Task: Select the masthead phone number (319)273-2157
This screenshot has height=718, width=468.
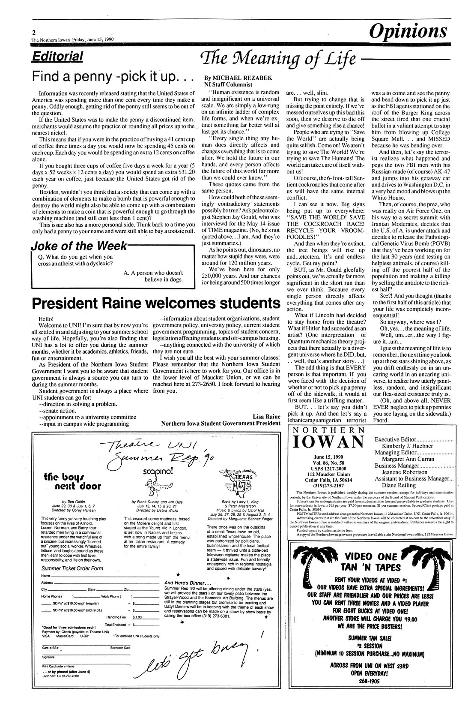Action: [x=328, y=486]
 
